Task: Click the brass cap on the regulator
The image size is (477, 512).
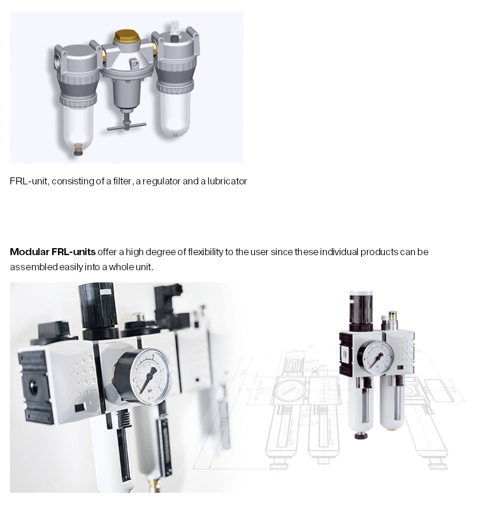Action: click(x=126, y=38)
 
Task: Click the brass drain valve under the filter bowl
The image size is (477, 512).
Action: click(x=78, y=149)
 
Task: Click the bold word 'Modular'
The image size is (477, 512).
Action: click(x=30, y=252)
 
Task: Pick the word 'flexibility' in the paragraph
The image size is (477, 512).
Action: click(x=205, y=252)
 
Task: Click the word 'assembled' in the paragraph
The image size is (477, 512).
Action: click(x=33, y=267)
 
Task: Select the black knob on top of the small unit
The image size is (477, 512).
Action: click(x=361, y=310)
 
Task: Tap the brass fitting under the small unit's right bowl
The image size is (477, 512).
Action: click(x=392, y=429)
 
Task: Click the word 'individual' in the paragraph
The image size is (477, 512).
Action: click(x=339, y=252)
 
